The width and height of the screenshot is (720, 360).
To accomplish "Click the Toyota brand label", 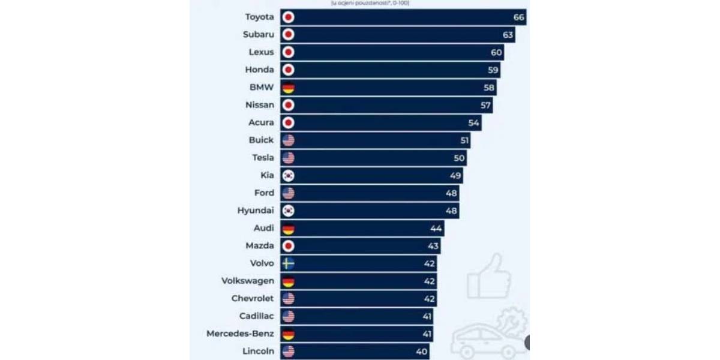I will point(259,17).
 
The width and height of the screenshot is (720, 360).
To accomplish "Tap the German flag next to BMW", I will point(289,88).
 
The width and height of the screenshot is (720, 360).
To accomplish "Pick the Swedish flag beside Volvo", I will point(289,263).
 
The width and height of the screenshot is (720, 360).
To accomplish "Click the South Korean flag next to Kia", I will point(289,175).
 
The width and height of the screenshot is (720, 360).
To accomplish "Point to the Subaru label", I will point(258,35).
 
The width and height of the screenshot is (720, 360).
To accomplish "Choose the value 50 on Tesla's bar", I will point(459,158).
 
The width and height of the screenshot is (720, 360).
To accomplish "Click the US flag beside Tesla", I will point(289,158).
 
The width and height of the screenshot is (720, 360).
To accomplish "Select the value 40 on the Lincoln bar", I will point(422,352).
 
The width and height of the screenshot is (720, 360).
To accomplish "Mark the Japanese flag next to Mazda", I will point(289,246).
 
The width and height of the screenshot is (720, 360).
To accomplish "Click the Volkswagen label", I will point(247,281).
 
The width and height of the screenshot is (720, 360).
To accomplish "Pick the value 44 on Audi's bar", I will point(436,228).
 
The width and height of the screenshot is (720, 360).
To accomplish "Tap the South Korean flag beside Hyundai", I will point(289,211).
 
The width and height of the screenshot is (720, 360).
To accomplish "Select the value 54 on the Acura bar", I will point(474,123).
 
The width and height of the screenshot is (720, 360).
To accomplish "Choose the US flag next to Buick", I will point(289,140).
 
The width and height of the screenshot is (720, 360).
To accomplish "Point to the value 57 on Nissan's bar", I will point(485,105).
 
